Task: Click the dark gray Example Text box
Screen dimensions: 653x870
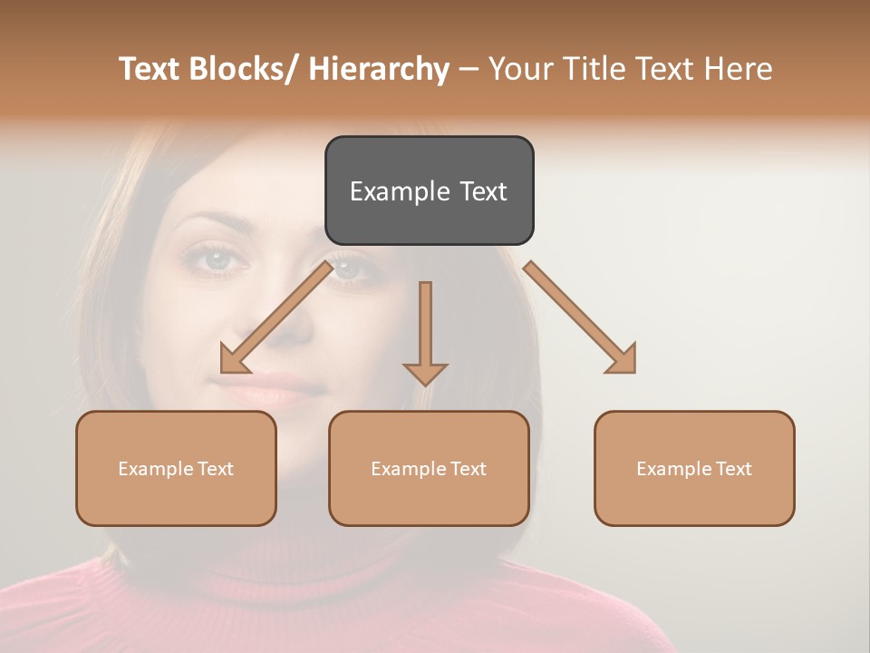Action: coord(429,190)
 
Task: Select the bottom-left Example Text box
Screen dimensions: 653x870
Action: coord(176,468)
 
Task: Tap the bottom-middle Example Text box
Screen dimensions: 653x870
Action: coord(429,468)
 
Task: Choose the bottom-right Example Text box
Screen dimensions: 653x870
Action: coord(694,468)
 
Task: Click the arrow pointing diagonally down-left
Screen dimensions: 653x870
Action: coord(277,317)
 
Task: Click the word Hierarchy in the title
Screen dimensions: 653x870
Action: coord(379,69)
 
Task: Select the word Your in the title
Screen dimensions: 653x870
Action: coord(518,69)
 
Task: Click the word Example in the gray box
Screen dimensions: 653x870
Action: coord(400,191)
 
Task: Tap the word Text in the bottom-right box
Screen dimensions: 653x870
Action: coord(732,469)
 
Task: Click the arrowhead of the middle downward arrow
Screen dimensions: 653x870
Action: coord(425,373)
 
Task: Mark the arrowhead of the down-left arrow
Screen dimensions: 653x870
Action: coord(233,361)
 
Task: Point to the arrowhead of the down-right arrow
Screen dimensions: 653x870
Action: coord(623,361)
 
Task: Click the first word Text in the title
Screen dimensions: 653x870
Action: coord(150,69)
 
